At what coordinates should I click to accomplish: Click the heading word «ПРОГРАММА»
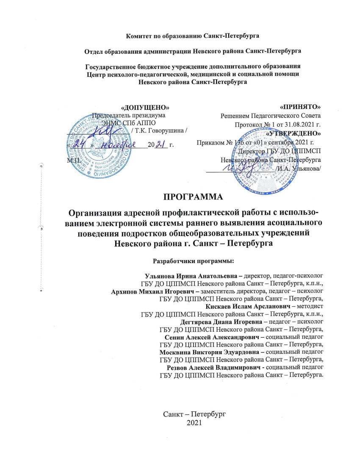[193, 196]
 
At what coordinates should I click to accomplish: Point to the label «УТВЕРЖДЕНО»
[294, 133]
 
